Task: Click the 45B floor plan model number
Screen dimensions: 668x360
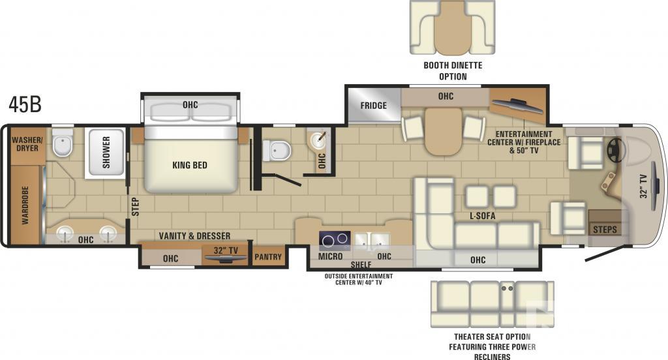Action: tap(25, 105)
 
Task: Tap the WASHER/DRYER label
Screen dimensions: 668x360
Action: tap(27, 144)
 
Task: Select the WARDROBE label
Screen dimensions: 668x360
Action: tap(25, 205)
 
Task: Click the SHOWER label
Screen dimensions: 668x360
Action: tap(106, 152)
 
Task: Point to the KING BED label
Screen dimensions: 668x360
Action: tap(190, 165)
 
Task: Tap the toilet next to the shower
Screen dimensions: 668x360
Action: tap(63, 143)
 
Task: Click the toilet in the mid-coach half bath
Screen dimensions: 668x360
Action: tap(277, 151)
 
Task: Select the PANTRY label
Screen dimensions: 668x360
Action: tap(268, 257)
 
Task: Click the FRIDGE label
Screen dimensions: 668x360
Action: tap(373, 105)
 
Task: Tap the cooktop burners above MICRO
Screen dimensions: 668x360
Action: tap(335, 240)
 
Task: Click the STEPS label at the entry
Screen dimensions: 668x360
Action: tap(605, 230)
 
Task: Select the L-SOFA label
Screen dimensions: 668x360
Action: tap(482, 216)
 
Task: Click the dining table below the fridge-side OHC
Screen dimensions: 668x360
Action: tap(443, 131)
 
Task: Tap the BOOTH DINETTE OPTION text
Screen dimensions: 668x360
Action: tap(453, 71)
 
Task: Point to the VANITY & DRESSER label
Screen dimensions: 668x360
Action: tap(194, 235)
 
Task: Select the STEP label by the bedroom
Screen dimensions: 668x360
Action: tap(135, 207)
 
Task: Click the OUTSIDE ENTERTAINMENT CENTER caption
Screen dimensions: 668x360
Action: tap(359, 279)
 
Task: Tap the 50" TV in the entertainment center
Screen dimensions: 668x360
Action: tap(517, 106)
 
